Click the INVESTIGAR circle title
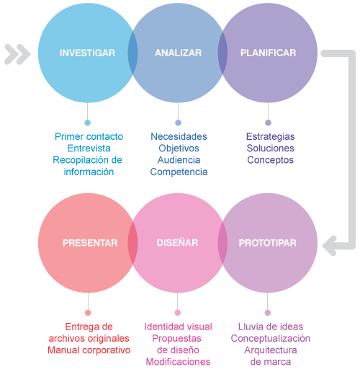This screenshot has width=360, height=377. coord(87,53)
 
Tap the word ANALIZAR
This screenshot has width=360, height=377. coord(178,53)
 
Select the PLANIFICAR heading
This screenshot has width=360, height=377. coord(268,53)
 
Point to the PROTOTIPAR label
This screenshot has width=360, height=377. coord(268,243)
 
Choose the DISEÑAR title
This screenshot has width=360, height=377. coord(177,242)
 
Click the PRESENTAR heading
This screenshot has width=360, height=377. coord(90,243)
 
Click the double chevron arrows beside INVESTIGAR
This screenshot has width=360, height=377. coord(17,54)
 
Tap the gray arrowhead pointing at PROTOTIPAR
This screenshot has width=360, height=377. coord(330,246)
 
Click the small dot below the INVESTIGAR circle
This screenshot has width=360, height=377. coord(88,123)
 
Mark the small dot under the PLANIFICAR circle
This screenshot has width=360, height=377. coord(268,123)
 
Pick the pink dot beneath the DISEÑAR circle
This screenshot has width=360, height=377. coord(177,313)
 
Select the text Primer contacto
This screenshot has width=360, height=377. coord(89,136)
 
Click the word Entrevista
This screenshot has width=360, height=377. coord(89,148)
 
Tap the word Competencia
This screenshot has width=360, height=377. coord(179,172)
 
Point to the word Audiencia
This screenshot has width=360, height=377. coord(179,160)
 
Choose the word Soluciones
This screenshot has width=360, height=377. coord(271,148)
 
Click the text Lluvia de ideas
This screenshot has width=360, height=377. coord(271,327)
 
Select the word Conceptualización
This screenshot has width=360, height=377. coord(271,339)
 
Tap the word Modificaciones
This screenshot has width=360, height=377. coord(178,362)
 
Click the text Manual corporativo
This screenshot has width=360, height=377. coord(89,350)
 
